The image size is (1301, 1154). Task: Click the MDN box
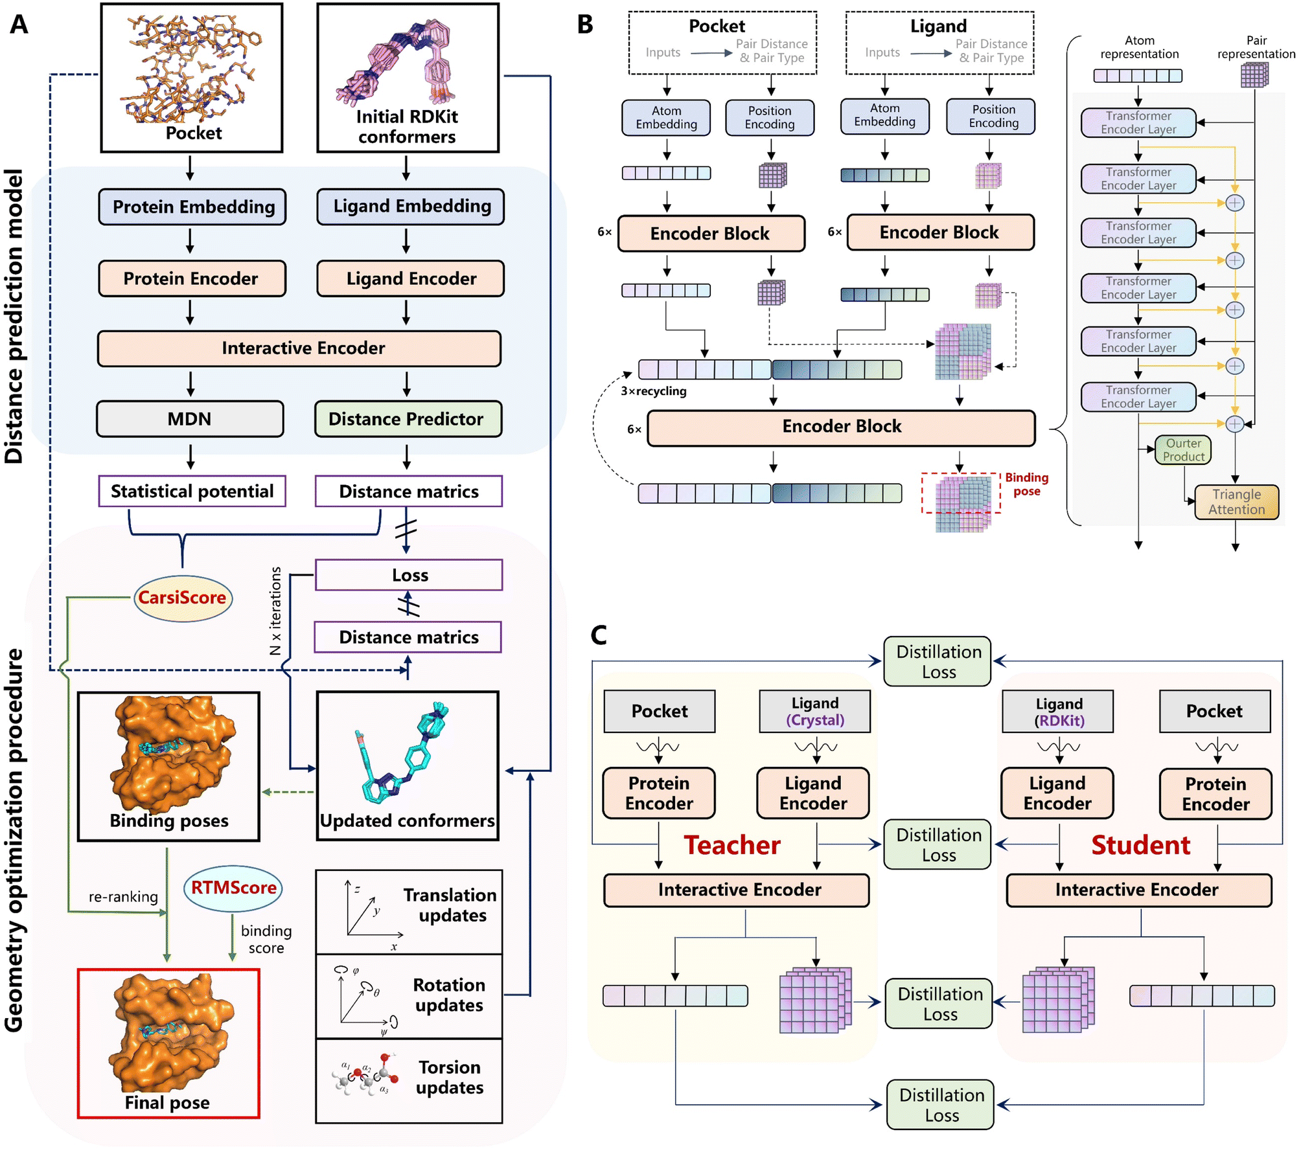click(x=190, y=419)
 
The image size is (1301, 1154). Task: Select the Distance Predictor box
click(x=408, y=419)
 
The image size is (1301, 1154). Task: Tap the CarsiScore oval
click(x=183, y=598)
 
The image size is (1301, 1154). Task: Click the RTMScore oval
click(x=233, y=888)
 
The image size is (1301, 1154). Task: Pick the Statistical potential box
click(x=192, y=492)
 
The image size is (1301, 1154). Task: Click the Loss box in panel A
click(x=409, y=575)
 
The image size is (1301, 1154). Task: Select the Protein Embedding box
click(x=192, y=207)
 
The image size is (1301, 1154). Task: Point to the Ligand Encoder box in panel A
click(x=411, y=278)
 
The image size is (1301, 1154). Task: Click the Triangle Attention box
click(x=1237, y=502)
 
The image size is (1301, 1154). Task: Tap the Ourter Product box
click(x=1183, y=450)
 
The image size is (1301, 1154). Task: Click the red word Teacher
click(x=732, y=845)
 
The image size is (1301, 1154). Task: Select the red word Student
click(x=1140, y=845)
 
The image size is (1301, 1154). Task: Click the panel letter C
click(x=599, y=635)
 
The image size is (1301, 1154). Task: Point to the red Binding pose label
click(x=1026, y=484)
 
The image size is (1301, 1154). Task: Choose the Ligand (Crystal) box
click(x=815, y=712)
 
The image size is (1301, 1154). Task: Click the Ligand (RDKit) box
click(x=1058, y=712)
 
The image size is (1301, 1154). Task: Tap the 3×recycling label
click(x=654, y=391)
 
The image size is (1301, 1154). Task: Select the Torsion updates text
click(x=450, y=1077)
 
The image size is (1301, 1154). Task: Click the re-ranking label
click(x=123, y=897)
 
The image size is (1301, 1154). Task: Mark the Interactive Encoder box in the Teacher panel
click(x=737, y=890)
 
